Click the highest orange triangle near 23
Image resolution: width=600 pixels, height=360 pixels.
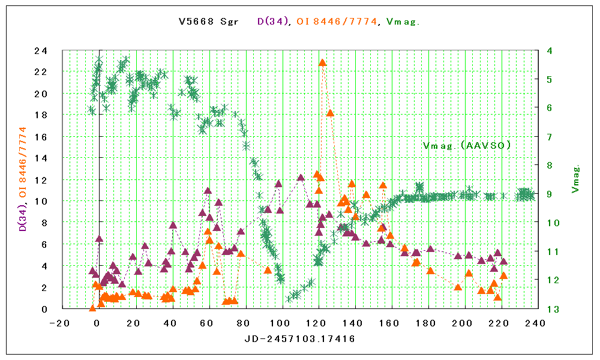tap(322, 62)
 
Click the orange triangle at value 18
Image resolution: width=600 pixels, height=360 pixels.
tap(330, 113)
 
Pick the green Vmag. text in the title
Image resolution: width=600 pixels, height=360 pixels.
tap(403, 22)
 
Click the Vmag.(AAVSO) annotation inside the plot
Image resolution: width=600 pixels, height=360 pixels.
tap(467, 145)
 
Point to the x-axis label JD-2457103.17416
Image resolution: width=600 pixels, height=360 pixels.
tap(299, 339)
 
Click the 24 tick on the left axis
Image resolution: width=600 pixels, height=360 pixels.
tap(41, 51)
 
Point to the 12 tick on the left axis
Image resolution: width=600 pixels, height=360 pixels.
tap(41, 180)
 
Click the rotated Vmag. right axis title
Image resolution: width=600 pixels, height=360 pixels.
tap(575, 179)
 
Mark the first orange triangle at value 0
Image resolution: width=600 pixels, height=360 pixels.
tap(92, 308)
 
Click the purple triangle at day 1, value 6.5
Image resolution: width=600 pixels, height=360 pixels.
tap(99, 239)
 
